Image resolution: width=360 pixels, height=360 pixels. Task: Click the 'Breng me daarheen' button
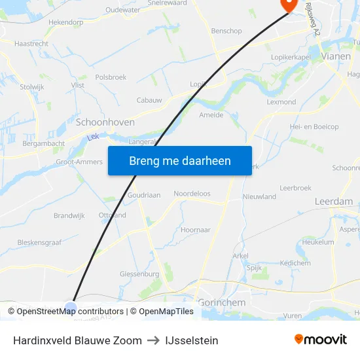179,160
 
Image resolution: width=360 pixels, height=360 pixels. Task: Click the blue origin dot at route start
71,306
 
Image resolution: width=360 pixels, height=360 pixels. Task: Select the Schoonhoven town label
105,122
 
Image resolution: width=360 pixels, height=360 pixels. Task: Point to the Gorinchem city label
222,303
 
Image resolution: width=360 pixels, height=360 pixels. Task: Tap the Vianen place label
336,57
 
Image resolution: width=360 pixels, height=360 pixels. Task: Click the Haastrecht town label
31,43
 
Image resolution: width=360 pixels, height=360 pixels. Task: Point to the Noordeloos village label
192,194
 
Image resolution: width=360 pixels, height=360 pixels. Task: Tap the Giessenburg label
139,274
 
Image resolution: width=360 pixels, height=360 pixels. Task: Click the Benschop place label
226,31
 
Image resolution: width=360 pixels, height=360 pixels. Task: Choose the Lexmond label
281,102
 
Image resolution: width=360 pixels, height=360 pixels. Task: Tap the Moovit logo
321,339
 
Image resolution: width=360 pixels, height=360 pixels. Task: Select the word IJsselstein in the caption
192,340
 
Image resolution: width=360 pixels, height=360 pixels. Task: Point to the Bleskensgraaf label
39,242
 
